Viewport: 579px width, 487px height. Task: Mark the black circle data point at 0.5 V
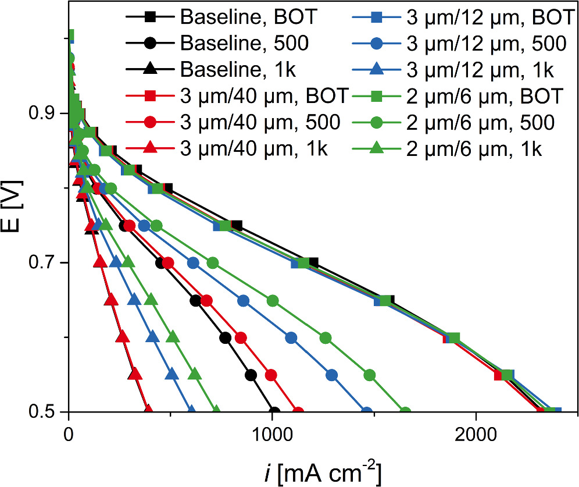(274, 411)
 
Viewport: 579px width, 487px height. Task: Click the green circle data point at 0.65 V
(272, 301)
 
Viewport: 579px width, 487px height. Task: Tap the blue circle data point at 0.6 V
(291, 338)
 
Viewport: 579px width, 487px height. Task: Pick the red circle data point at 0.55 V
(270, 375)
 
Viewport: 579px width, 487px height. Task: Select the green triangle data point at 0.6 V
(173, 337)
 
